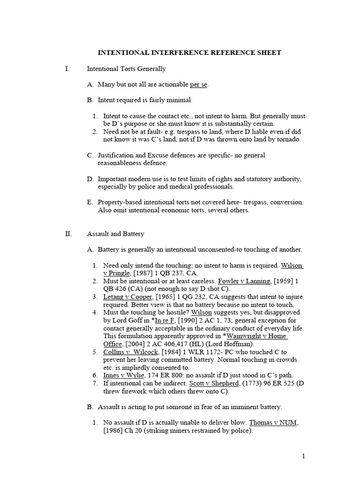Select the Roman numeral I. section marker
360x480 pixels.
[x=67, y=69]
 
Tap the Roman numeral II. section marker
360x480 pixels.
[x=68, y=234]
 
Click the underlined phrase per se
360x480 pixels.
[x=198, y=84]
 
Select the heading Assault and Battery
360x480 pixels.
[x=116, y=234]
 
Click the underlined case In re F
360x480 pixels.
[x=165, y=320]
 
